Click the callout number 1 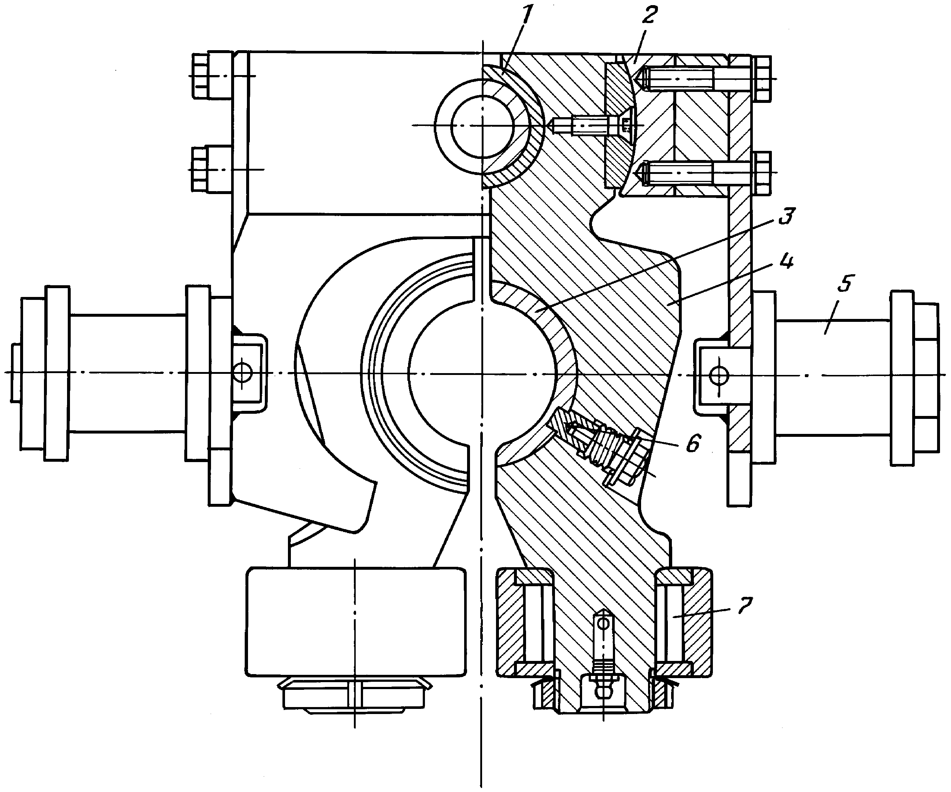point(527,18)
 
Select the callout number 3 point(786,216)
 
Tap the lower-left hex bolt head point(201,169)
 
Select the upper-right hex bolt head point(762,78)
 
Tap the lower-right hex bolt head point(762,173)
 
